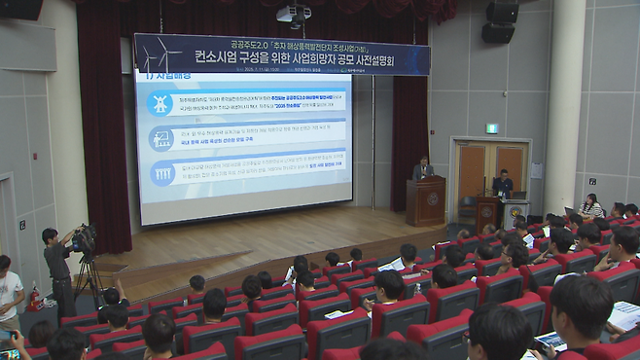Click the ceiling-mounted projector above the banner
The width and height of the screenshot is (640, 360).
coord(294,15)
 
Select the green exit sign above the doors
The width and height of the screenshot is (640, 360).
coord(491,128)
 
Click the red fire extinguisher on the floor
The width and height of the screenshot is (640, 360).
coord(35,298)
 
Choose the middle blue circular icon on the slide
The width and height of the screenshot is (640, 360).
coord(161,138)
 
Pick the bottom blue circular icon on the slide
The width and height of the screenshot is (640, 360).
coord(161,173)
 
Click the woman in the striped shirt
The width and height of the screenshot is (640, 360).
coord(590,207)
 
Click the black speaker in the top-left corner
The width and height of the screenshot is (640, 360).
coord(20,9)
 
